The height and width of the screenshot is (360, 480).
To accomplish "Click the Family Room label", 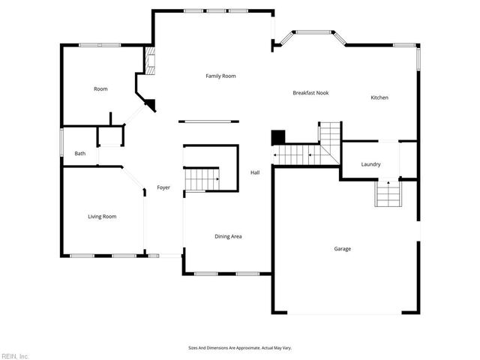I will (x=221, y=76).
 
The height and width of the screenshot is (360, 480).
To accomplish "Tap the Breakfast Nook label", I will (x=310, y=93).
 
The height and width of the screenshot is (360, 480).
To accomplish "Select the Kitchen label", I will (x=379, y=97).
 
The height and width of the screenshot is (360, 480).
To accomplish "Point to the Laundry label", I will (x=370, y=164).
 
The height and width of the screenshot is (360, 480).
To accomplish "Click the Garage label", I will (x=342, y=248).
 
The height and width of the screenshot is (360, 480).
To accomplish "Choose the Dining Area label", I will (x=228, y=236).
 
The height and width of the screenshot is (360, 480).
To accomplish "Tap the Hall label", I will (x=254, y=173).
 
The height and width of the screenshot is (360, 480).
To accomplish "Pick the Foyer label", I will (x=163, y=187).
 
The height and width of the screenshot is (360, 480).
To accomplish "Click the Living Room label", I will (x=102, y=217).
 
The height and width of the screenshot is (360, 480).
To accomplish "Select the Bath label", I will (x=79, y=154).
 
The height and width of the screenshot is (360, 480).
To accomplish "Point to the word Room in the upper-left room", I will (x=100, y=89).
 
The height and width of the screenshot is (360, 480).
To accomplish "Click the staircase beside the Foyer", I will (x=202, y=179).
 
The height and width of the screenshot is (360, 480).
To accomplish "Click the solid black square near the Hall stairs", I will (x=278, y=138).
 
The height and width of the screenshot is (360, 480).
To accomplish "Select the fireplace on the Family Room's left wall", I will (x=150, y=63).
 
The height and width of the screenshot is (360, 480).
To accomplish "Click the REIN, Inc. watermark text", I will (x=14, y=355).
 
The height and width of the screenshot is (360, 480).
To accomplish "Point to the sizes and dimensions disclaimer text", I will (x=239, y=348).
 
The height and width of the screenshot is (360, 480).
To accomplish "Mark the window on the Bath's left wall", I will (x=61, y=143).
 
